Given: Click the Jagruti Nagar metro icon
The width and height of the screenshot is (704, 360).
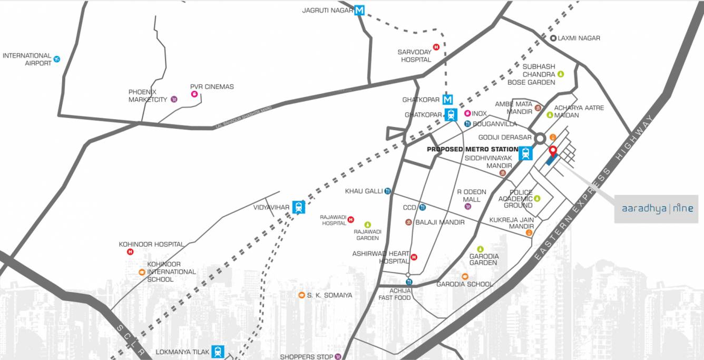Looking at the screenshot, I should (359, 10).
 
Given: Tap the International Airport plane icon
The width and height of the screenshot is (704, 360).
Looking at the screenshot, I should (57, 59).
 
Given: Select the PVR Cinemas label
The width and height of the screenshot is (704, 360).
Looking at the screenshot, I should (212, 86).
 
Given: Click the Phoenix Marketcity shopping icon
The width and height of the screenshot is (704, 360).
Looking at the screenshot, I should (174, 99).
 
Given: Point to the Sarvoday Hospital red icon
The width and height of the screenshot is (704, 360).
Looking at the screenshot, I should (436, 47).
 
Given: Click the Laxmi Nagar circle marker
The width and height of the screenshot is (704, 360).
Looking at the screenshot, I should (553, 38).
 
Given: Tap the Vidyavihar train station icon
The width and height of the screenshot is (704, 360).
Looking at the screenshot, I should (299, 207).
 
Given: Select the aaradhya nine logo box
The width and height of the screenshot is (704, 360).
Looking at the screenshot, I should (656, 209).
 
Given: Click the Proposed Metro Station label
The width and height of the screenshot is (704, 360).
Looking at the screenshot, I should (472, 149).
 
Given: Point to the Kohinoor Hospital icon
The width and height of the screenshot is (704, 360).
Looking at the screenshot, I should (130, 252).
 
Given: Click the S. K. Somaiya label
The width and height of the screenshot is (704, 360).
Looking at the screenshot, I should (329, 295).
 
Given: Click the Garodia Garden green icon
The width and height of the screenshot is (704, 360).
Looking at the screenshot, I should (480, 249).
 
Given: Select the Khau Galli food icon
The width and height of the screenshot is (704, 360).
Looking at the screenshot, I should (388, 191).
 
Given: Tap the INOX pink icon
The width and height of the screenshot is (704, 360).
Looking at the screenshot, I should (467, 113).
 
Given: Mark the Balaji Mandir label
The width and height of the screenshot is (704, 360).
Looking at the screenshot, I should (440, 222).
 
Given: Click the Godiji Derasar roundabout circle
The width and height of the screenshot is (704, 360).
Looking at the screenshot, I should (540, 139).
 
